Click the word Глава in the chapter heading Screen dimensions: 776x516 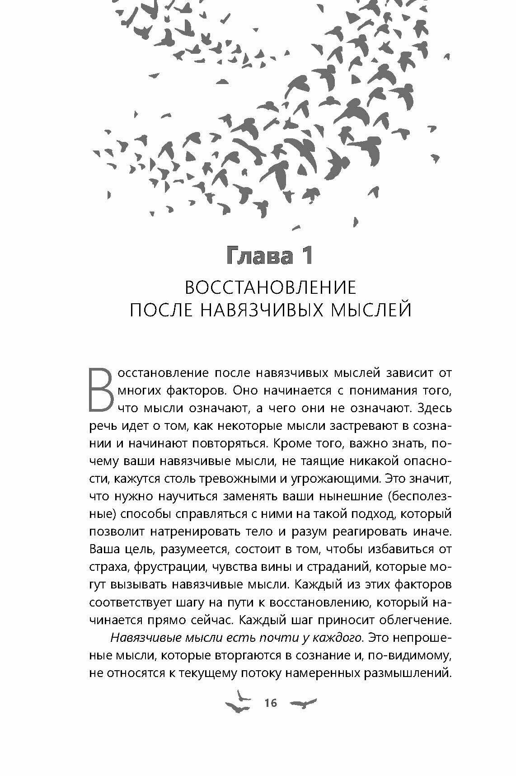[251, 256]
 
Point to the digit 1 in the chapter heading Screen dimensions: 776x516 [305, 256]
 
